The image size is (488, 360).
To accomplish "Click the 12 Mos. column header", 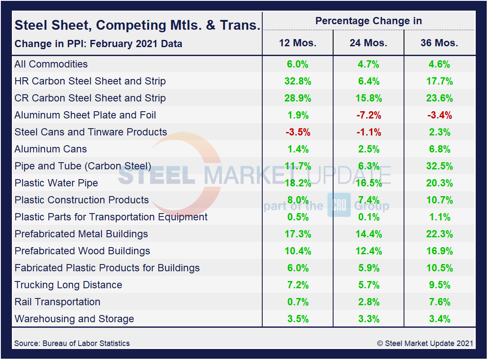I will (297, 43).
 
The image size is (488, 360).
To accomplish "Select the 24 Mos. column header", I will (368, 43).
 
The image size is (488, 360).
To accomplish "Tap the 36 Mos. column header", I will (439, 43).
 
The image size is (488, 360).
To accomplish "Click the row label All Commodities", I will (51, 64).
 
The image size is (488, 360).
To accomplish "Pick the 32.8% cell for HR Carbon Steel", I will (297, 81).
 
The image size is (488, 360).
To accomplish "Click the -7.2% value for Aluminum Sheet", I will (368, 115).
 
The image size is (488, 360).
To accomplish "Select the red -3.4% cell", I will (439, 115).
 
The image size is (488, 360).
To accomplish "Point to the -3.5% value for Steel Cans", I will (297, 132).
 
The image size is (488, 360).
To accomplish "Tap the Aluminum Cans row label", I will (50, 149).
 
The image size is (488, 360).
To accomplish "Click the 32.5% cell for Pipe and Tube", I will (439, 166).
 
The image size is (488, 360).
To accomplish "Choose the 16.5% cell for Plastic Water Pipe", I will (368, 183).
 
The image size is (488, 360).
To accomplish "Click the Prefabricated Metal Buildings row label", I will (81, 234).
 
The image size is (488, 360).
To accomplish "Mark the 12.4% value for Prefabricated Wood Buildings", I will (368, 251).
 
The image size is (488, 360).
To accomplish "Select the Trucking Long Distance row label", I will (68, 285).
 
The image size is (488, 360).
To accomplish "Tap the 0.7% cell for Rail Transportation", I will (297, 302).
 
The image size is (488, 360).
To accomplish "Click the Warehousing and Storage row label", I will (74, 319).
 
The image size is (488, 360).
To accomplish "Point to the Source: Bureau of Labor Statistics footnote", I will (72, 343).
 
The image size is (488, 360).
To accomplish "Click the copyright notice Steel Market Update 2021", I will (425, 343).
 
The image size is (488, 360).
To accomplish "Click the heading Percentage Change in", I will (368, 21).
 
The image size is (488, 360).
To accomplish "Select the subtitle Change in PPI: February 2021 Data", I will (98, 44).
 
